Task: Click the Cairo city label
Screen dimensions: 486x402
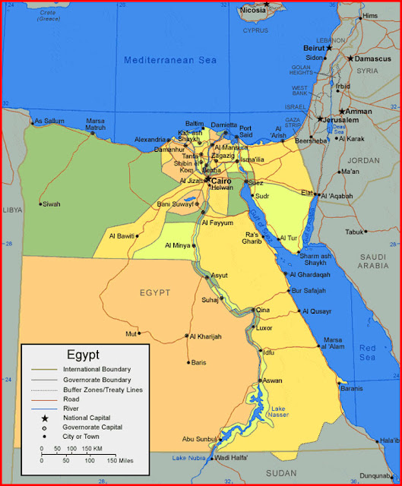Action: [x=221, y=181]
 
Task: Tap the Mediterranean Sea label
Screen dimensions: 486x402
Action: [x=170, y=60]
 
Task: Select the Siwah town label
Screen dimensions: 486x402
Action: [x=52, y=204]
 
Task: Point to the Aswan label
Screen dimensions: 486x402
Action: [x=272, y=380]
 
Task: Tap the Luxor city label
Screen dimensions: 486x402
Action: [x=264, y=328]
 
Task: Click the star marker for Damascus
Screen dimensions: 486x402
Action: [x=350, y=58]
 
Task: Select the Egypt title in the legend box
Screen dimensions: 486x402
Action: [x=83, y=354]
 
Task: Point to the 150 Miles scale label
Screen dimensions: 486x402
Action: [x=122, y=460]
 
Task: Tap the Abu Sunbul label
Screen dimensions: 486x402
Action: [x=199, y=439]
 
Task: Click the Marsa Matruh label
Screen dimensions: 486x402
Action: [x=95, y=125]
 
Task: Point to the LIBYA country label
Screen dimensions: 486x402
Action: [x=11, y=209]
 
